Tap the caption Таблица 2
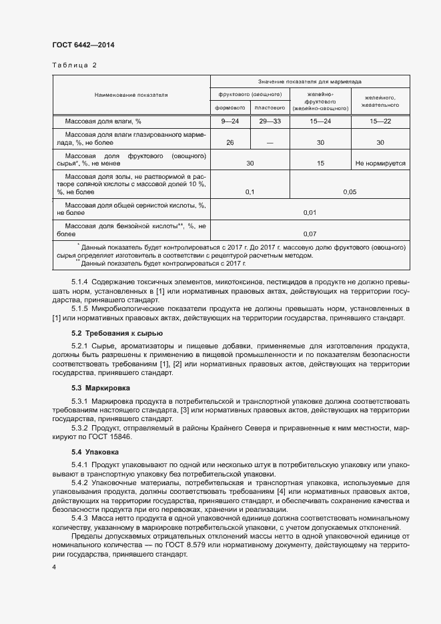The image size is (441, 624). [75, 65]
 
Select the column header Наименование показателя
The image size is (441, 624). [131, 95]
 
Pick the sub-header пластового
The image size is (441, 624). [270, 107]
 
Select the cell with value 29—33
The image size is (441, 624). [270, 121]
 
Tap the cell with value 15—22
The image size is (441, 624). [380, 121]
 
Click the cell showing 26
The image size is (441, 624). [230, 143]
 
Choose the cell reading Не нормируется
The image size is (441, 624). [380, 163]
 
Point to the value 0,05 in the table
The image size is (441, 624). [349, 192]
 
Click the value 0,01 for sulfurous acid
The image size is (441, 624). [309, 212]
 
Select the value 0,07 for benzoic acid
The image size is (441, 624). [309, 234]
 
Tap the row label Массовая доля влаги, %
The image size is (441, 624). [103, 121]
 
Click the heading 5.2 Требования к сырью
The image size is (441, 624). [117, 333]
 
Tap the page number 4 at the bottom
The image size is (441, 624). [54, 567]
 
